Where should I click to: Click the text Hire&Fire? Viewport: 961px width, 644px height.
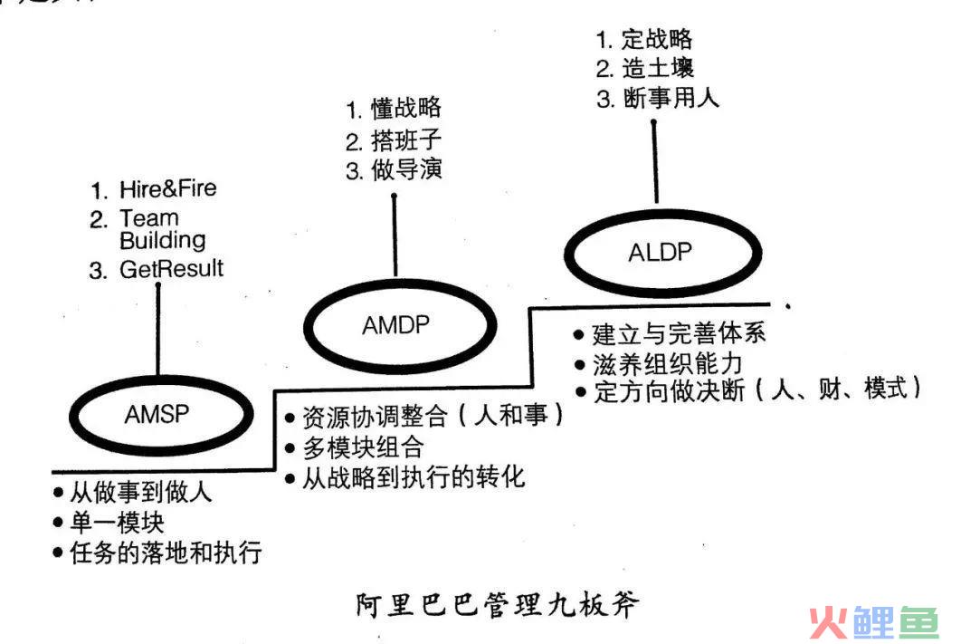168,189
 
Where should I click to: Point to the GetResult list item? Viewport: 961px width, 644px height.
171,269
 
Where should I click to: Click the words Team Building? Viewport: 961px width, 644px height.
162,229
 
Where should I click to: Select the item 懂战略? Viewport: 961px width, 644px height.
405,108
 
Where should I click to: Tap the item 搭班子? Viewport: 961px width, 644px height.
405,140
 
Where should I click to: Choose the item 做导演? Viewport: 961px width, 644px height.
405,169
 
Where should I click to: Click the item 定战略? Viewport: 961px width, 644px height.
656,39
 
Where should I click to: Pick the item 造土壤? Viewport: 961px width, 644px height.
658,67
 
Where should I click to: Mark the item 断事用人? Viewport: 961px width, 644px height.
671,98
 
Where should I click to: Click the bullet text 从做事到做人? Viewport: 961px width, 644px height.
141,492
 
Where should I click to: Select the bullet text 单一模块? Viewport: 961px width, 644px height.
117,523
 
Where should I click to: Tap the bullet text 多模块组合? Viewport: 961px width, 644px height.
363,447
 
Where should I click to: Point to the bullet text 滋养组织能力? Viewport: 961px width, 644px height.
668,364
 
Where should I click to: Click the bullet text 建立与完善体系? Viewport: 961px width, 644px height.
679,333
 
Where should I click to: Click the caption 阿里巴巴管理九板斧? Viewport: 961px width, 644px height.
497,605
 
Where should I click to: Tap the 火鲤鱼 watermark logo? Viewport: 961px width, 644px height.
874,622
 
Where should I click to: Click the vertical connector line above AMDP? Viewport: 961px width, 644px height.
395,235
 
